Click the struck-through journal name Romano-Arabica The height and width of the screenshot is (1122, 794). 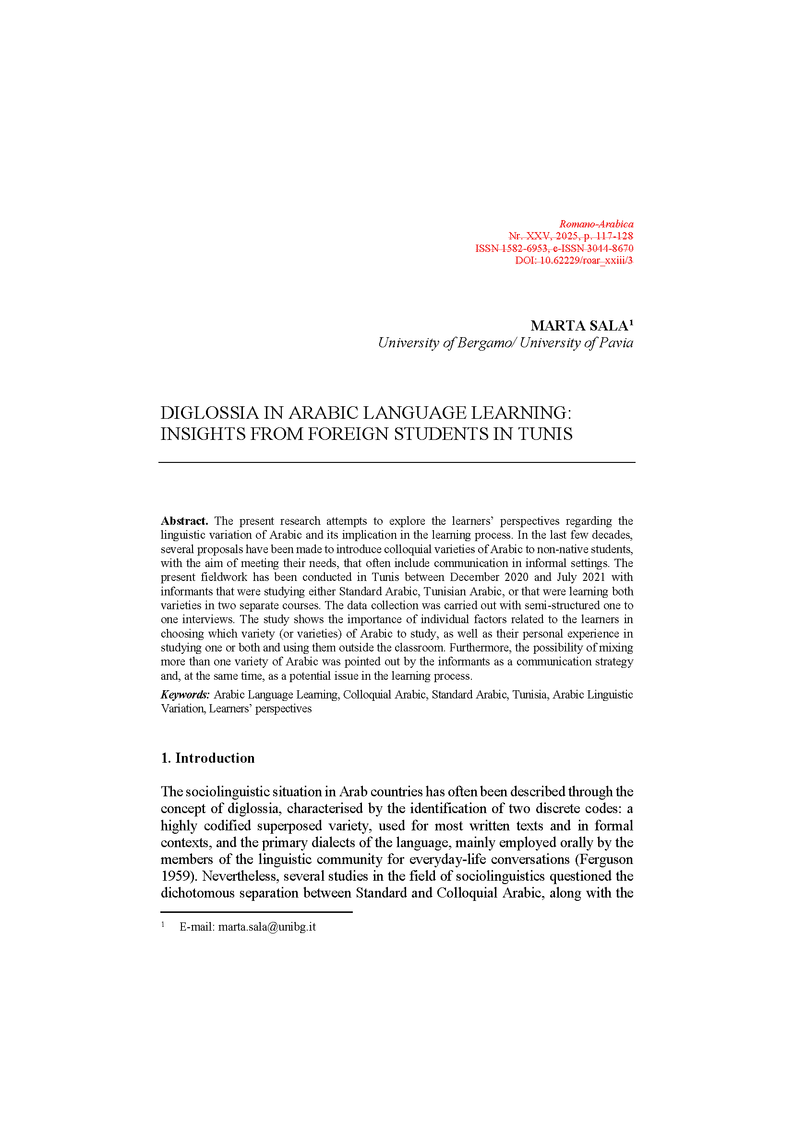[596, 224]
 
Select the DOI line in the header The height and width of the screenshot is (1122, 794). [574, 260]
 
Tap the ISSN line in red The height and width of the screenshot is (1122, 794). [554, 248]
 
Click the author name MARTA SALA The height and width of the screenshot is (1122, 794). [579, 325]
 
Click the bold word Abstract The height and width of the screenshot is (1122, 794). [184, 521]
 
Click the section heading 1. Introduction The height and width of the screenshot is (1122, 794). [208, 758]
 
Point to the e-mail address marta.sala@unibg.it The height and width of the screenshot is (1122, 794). [267, 927]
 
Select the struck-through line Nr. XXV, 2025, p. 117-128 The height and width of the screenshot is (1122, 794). [571, 236]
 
